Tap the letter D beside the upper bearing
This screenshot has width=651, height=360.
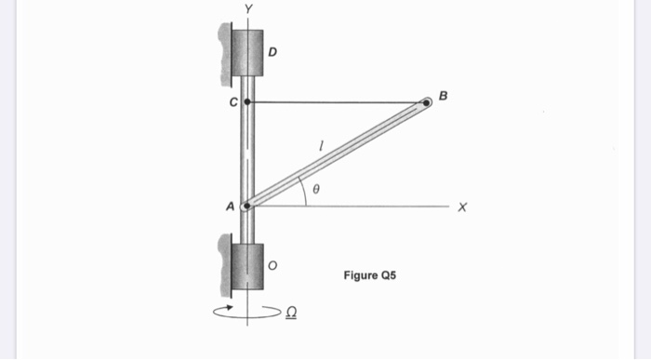[x=272, y=51]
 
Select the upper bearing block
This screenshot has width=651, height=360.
[x=247, y=52]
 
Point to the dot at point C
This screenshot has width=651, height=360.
[x=247, y=100]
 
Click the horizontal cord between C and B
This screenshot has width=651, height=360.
[x=335, y=101]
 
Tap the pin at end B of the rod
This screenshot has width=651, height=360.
[x=427, y=102]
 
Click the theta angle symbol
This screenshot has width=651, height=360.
[x=316, y=188]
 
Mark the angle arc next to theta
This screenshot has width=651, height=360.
[x=302, y=190]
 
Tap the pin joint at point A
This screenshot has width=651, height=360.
[x=246, y=206]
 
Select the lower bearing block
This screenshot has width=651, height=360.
[x=247, y=267]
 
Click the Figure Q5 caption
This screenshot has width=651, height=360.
[x=370, y=275]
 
